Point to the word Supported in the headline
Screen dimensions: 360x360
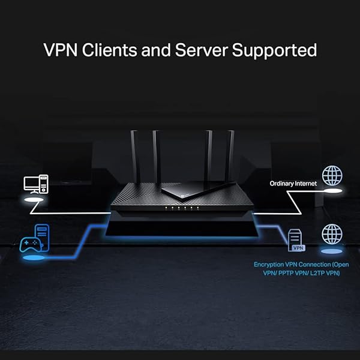coord(281,50)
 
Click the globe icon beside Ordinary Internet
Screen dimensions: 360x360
coord(332,176)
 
